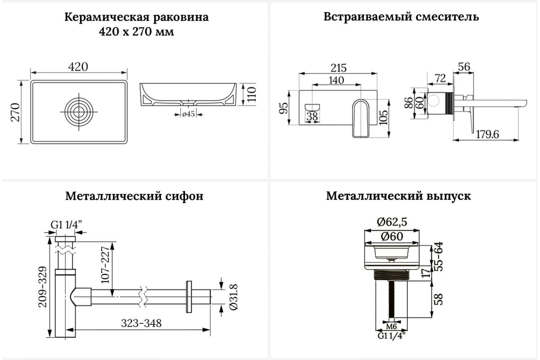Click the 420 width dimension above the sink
pos(78,67)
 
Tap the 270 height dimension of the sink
pos(15,113)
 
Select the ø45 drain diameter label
pos(188,114)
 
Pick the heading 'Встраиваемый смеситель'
pos(401,17)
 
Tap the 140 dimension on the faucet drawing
pos(336,80)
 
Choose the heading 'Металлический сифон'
pos(134,196)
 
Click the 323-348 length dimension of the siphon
pos(141,323)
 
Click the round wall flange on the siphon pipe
pos(189,296)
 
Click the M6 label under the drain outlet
pos(391,326)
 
